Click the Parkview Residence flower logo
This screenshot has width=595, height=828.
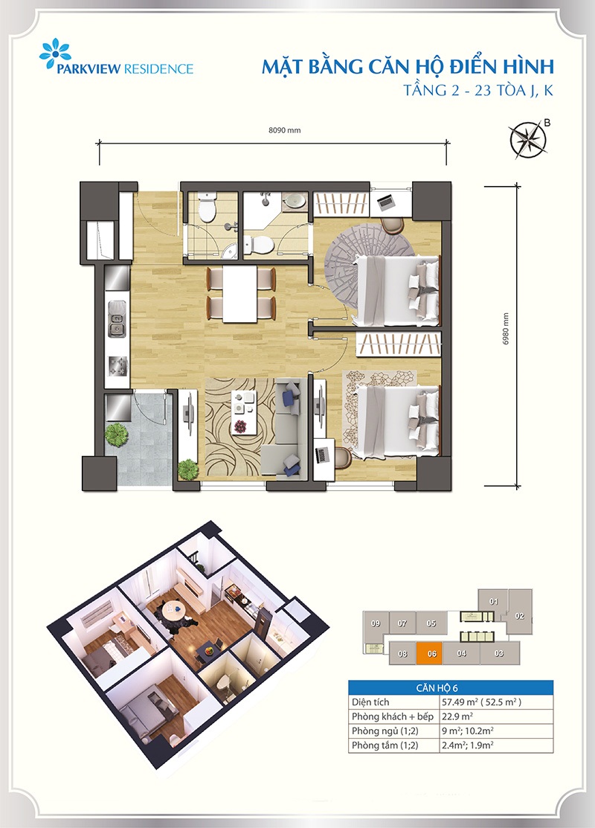(55, 54)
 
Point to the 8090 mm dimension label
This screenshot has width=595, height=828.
(285, 130)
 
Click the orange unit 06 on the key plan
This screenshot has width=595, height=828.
(432, 653)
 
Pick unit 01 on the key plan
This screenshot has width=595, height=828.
(494, 601)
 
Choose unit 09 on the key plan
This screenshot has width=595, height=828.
(376, 623)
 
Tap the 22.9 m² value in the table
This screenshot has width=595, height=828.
(457, 716)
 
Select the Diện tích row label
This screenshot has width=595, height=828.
(370, 702)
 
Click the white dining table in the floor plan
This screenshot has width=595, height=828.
(239, 294)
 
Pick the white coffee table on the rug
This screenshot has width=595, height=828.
(243, 411)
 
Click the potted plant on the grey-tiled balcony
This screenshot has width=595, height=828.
(116, 434)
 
